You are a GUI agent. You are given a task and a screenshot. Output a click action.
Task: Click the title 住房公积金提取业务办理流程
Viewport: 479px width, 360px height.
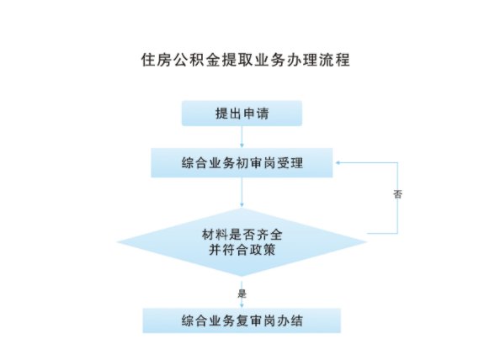coord(245,59)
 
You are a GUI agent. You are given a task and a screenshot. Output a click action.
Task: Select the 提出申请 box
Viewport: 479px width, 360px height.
coord(242,114)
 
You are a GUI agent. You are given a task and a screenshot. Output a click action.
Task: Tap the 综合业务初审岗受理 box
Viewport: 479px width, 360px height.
coord(242,162)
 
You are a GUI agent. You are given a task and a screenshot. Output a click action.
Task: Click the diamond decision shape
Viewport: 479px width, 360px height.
coord(242,242)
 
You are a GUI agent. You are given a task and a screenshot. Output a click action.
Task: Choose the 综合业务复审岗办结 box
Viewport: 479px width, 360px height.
coord(242,320)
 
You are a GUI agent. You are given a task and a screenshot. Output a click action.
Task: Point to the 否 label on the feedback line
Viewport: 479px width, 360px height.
coord(397,194)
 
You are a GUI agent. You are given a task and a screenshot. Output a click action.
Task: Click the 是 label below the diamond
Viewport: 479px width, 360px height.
coord(242,294)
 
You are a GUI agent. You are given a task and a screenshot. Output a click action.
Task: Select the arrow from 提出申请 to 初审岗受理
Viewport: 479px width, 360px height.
coord(242,137)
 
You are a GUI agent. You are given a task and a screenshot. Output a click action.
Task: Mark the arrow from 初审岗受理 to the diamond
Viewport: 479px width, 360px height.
coord(242,193)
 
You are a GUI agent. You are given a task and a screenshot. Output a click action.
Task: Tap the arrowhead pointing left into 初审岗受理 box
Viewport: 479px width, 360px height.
coord(338,162)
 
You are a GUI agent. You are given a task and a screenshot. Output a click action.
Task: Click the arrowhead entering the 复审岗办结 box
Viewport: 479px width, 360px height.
coord(242,305)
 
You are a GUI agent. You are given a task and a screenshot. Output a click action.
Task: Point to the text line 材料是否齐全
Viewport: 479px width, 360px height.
coord(242,235)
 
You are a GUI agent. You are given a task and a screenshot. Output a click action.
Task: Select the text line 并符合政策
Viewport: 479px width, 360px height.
coord(242,250)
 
